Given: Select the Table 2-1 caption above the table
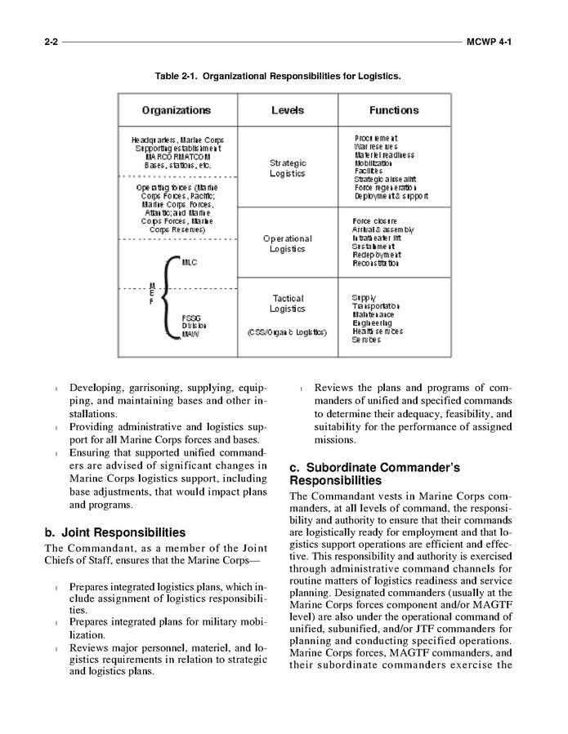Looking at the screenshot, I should point(284,76).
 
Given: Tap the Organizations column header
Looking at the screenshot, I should point(176,110).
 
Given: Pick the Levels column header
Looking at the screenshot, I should point(287,110).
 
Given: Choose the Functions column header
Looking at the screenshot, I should point(393,110).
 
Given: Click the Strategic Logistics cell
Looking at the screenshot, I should point(288,168).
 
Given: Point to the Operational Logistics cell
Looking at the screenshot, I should point(288,243).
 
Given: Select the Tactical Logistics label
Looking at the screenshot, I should point(288,304).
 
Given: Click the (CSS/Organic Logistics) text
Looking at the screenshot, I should point(288,332).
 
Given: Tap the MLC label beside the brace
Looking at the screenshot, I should point(190,263).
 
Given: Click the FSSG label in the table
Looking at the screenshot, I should point(191,318).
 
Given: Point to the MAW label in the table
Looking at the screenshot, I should point(190,334).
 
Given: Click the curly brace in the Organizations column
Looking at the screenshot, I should point(168,297).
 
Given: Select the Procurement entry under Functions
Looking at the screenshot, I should point(376,138).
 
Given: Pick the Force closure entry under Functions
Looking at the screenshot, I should point(375,220).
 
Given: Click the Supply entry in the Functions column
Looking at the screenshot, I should point(365,297).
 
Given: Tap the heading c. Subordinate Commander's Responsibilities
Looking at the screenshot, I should point(374,474).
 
